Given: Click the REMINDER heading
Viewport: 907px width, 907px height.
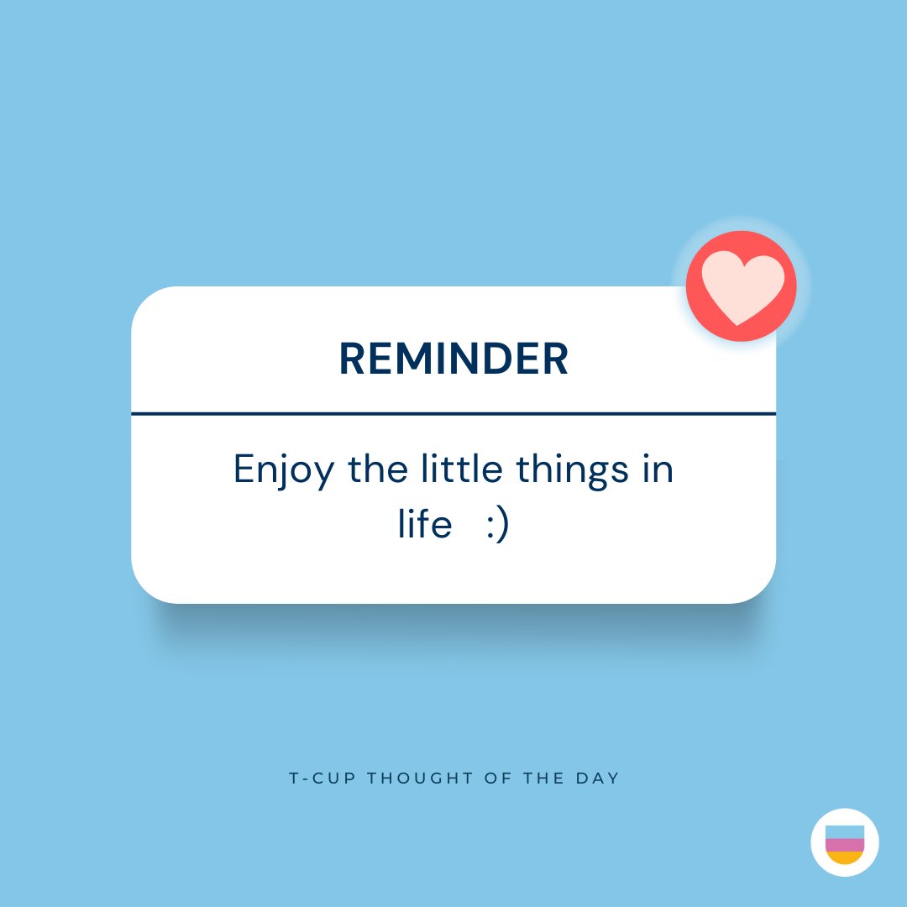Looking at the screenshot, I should (x=453, y=359).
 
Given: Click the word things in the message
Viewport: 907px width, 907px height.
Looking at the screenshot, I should (x=572, y=470).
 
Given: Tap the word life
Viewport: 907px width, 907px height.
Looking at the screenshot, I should (x=425, y=526).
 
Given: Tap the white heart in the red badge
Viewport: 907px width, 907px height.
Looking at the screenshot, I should (x=742, y=288).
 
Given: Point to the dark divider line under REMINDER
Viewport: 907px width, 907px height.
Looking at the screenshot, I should (x=453, y=413).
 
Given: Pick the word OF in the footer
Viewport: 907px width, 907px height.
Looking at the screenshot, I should (x=495, y=779).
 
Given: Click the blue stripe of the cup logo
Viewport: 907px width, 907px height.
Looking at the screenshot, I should (x=845, y=831).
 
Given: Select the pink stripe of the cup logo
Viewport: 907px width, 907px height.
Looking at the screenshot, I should (x=845, y=845).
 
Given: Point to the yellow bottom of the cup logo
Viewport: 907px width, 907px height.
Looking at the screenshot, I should (x=845, y=857).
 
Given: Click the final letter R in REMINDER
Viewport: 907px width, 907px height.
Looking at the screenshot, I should (x=556, y=359).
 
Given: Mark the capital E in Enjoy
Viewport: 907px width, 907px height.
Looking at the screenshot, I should (x=244, y=469).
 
